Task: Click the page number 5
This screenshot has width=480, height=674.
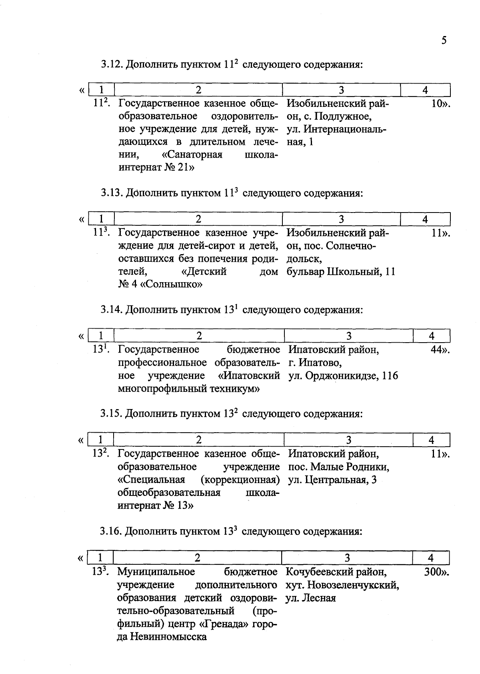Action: click(x=444, y=40)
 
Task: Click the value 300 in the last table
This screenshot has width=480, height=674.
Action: click(x=433, y=572)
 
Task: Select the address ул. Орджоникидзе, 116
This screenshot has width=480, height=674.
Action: click(x=343, y=376)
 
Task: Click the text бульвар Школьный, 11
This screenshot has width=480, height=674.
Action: click(x=341, y=272)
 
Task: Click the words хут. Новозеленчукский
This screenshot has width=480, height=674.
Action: click(x=342, y=585)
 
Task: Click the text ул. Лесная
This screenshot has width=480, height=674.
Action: click(x=310, y=598)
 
